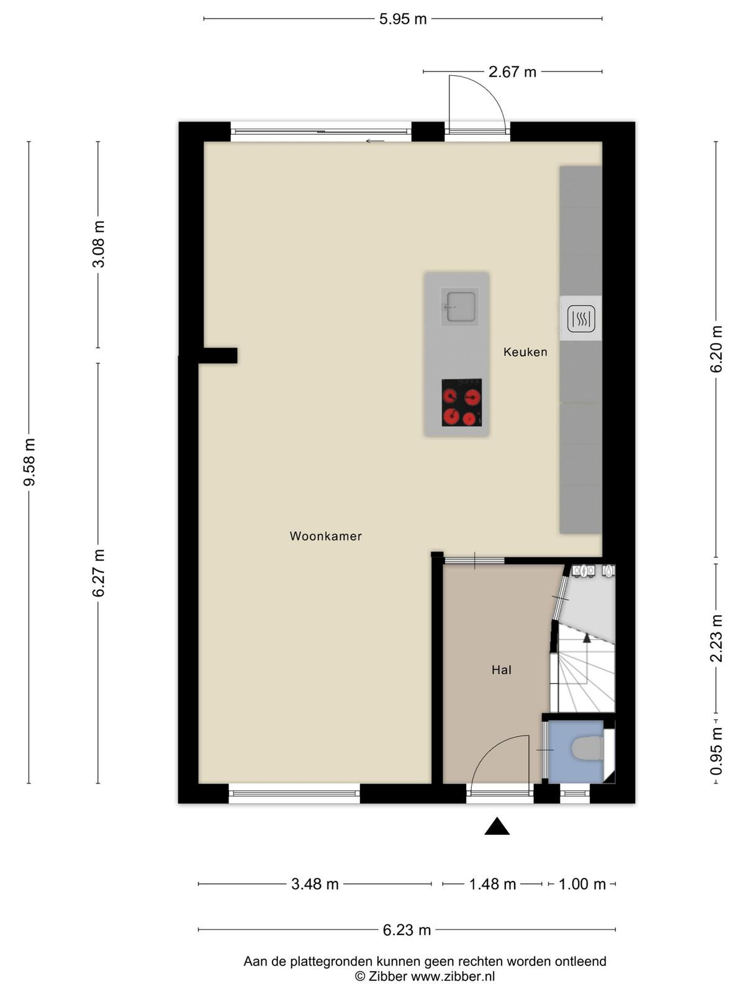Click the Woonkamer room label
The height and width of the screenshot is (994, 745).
tap(325, 536)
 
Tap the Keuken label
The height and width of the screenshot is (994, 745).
tap(525, 352)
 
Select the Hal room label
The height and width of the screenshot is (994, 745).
tap(501, 670)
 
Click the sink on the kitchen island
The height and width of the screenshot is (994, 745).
tap(459, 306)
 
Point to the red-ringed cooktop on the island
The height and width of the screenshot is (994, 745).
tap(461, 403)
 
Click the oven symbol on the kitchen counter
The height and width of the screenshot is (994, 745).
tap(581, 319)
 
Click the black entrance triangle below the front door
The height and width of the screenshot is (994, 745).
tap(497, 826)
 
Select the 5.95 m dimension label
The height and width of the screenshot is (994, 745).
tap(402, 19)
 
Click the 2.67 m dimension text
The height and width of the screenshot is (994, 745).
tap(512, 71)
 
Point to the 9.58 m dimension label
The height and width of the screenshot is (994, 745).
tap(29, 462)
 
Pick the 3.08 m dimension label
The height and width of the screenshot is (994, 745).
tap(99, 244)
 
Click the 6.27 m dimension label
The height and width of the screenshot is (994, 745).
tap(99, 573)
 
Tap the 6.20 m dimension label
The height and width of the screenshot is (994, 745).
tap(716, 349)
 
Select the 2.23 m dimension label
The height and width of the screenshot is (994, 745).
tap(716, 639)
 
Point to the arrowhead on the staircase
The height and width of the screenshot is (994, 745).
tap(587, 638)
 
